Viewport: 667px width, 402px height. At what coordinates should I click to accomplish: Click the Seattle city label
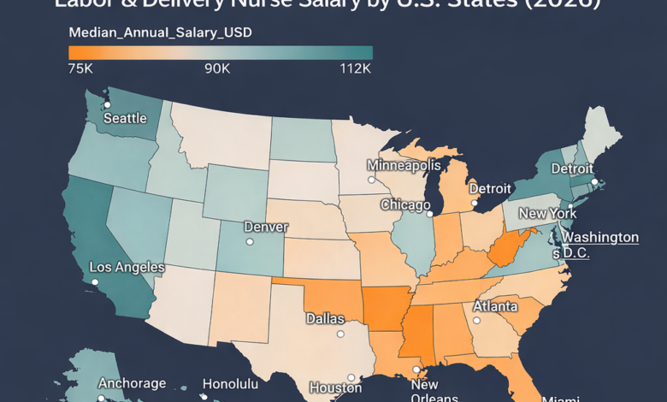[x=125, y=118]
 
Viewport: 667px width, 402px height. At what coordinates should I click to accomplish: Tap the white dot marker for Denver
[x=250, y=242]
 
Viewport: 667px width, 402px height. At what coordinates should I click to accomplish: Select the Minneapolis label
[x=404, y=165]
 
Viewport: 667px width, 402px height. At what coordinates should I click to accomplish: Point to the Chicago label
[x=405, y=205]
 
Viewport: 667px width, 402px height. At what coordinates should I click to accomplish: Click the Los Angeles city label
[x=127, y=268]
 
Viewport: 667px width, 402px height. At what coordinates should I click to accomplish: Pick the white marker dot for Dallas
[x=340, y=334]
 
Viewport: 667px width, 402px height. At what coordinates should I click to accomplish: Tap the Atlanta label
[x=495, y=306]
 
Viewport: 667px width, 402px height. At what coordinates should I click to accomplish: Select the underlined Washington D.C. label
[x=599, y=245]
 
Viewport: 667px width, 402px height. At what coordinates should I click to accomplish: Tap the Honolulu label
[x=230, y=384]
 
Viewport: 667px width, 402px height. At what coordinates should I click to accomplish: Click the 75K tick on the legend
[x=80, y=68]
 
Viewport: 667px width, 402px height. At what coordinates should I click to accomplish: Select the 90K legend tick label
[x=216, y=68]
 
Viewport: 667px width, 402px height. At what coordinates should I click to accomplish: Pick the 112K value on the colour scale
[x=355, y=68]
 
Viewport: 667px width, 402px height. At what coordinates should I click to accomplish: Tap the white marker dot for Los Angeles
[x=96, y=281]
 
